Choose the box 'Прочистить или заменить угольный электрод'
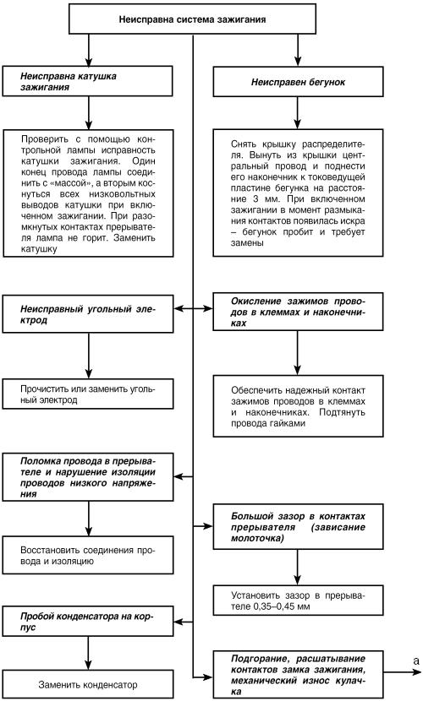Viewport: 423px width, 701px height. click(x=88, y=394)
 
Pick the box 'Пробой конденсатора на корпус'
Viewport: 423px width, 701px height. click(x=88, y=621)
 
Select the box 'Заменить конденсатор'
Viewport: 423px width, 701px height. click(x=88, y=683)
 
